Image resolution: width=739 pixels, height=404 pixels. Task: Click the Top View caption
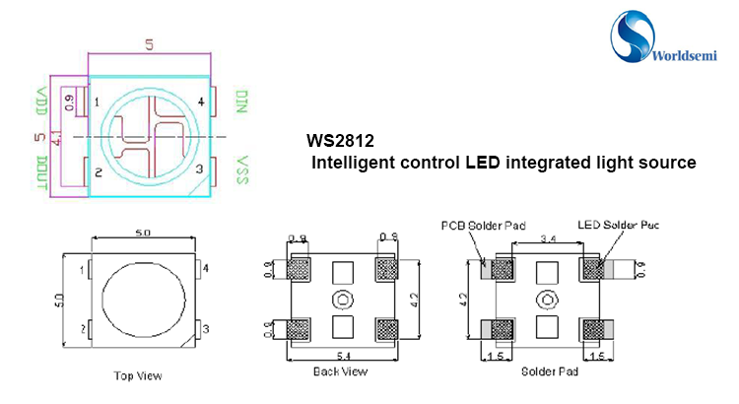point(138,375)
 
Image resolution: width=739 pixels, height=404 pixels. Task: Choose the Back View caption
point(339,371)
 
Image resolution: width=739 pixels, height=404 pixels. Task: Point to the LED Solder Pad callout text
point(618,225)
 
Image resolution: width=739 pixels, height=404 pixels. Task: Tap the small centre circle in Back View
point(342,300)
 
